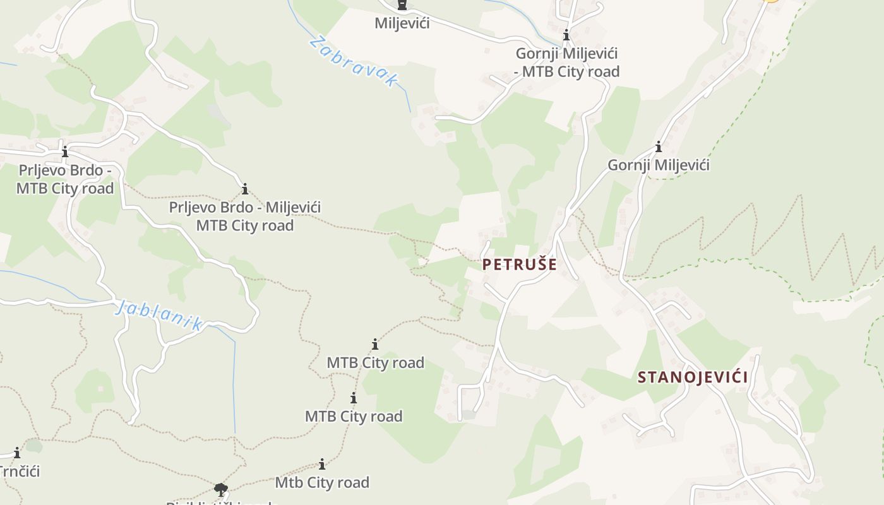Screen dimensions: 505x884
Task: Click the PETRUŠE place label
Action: [x=520, y=264]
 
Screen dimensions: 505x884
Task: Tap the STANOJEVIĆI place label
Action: [x=693, y=377]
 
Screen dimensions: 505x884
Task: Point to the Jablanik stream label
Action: [x=159, y=315]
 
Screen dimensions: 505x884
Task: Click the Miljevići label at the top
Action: [x=402, y=23]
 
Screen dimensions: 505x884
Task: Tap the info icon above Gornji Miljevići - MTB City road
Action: [x=566, y=35]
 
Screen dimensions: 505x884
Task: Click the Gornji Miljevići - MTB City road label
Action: [x=567, y=62]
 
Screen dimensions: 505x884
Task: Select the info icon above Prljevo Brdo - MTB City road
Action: [x=65, y=151]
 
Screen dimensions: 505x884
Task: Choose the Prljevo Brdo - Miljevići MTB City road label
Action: [x=245, y=217]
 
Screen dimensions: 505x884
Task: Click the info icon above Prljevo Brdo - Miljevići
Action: [x=245, y=189]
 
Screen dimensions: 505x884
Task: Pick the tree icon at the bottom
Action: [x=220, y=489]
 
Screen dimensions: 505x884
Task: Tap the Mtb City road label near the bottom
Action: [x=322, y=483]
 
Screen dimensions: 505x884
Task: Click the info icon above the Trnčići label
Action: [x=17, y=453]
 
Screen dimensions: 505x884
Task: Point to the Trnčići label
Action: [x=20, y=472]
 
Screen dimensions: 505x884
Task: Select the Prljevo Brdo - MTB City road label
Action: [x=65, y=179]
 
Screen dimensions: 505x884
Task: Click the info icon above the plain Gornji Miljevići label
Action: [x=659, y=147]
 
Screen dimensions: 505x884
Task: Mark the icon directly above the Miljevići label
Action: [x=402, y=5]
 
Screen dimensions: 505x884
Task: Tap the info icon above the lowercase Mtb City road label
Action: [x=322, y=465]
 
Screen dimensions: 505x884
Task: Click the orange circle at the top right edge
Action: [x=771, y=1]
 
